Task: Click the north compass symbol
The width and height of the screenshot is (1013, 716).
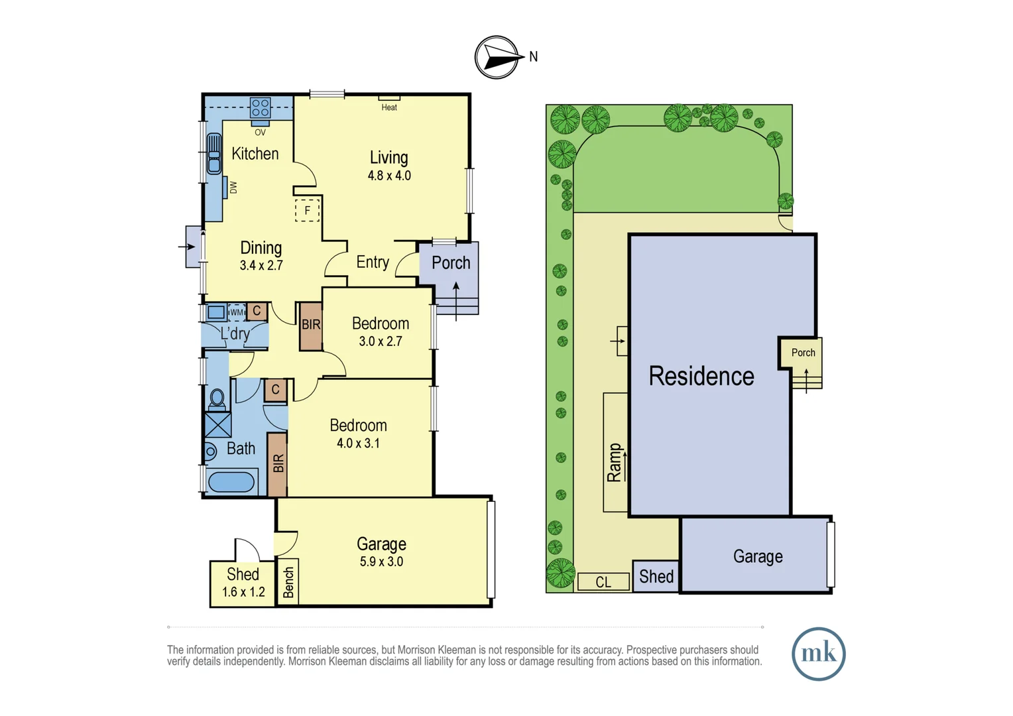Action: [497, 58]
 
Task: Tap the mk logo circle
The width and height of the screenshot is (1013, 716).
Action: [818, 654]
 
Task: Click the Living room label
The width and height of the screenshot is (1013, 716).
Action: [388, 158]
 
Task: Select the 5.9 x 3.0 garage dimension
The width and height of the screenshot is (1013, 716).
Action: [381, 562]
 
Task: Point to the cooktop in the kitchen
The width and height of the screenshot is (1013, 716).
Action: [260, 107]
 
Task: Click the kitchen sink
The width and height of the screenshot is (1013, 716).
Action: [214, 153]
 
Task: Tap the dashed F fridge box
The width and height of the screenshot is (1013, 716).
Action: [307, 210]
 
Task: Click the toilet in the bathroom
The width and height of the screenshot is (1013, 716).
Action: [217, 399]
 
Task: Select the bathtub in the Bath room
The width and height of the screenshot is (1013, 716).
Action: [231, 481]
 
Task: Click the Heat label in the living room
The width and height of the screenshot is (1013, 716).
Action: [389, 107]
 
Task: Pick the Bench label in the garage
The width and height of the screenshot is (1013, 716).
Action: [288, 583]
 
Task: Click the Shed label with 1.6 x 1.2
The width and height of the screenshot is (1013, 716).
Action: [243, 574]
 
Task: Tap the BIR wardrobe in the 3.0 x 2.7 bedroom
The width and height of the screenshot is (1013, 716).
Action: [311, 326]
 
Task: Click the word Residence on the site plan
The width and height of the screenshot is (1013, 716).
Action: [701, 376]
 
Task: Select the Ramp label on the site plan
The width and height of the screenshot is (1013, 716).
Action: [615, 462]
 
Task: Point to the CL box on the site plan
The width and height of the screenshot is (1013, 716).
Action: [603, 582]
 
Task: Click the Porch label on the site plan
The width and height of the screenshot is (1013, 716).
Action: [803, 353]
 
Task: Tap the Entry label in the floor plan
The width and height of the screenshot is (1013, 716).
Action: [373, 263]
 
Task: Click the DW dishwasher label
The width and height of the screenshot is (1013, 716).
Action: [233, 188]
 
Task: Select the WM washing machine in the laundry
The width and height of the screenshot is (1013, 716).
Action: [237, 312]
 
